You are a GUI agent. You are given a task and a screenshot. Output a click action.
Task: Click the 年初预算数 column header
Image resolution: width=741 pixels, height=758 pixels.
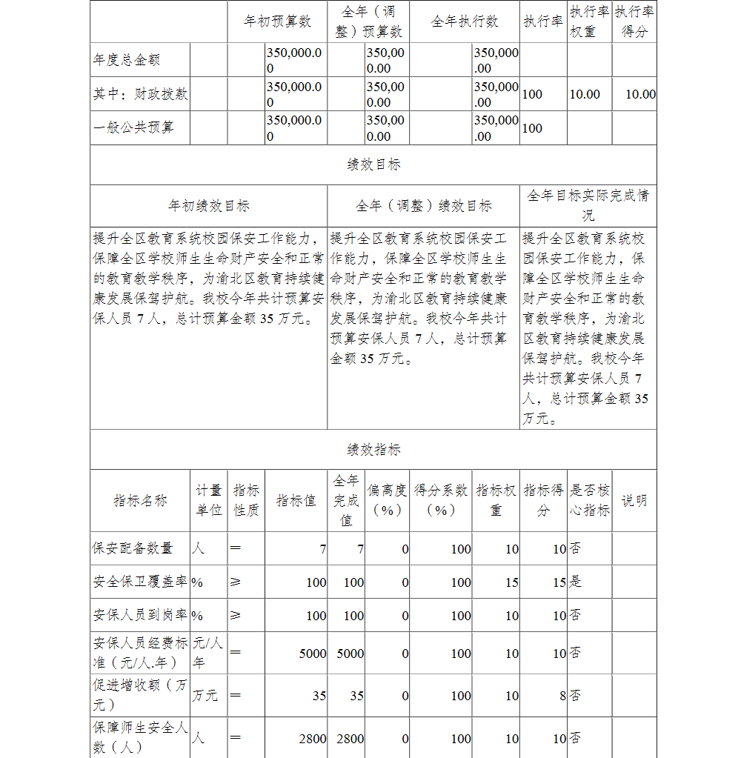pyautogui.click(x=278, y=21)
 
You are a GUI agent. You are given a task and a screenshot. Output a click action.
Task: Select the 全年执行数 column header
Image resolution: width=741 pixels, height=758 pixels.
pyautogui.click(x=465, y=21)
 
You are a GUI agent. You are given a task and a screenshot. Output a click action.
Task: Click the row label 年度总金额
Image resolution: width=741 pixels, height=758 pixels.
pyautogui.click(x=127, y=60)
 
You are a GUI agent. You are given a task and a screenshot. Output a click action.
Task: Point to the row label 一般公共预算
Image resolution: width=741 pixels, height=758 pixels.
pyautogui.click(x=133, y=127)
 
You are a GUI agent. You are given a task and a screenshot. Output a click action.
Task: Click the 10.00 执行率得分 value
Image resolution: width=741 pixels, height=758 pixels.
pyautogui.click(x=640, y=94)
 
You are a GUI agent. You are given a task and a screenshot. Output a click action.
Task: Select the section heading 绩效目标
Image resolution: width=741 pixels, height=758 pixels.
pyautogui.click(x=373, y=164)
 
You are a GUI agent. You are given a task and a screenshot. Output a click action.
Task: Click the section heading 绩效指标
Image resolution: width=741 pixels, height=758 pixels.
pyautogui.click(x=373, y=450)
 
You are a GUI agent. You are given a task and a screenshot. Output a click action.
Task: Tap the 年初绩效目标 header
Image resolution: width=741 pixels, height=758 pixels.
pyautogui.click(x=209, y=206)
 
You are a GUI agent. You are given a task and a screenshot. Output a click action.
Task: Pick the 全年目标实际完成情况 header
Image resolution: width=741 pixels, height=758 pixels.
pyautogui.click(x=588, y=205)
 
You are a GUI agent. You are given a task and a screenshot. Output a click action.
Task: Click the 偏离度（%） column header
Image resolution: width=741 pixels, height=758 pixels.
pyautogui.click(x=388, y=500)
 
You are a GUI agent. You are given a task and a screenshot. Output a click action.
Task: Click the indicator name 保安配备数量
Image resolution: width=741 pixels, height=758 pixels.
pyautogui.click(x=133, y=548)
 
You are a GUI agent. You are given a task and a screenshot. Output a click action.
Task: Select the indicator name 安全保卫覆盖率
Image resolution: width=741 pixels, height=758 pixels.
pyautogui.click(x=139, y=582)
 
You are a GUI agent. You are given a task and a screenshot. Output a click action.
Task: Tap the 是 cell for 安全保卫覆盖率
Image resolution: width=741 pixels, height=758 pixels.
pyautogui.click(x=575, y=582)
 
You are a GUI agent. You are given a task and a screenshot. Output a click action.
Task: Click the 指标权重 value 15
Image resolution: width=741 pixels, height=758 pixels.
pyautogui.click(x=511, y=582)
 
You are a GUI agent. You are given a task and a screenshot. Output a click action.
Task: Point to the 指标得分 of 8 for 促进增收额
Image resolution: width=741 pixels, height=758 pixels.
pyautogui.click(x=562, y=696)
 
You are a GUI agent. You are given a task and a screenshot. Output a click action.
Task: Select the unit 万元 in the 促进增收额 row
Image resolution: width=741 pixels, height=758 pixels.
pyautogui.click(x=205, y=696)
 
